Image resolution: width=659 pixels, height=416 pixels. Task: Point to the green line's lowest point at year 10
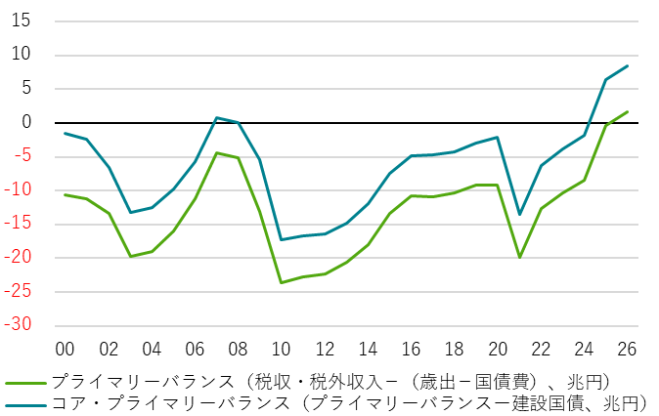click(x=282, y=283)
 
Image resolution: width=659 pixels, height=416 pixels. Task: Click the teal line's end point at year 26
click(x=627, y=65)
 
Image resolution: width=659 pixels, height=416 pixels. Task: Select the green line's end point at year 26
click(x=627, y=111)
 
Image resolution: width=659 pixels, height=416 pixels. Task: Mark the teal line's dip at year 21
click(x=519, y=215)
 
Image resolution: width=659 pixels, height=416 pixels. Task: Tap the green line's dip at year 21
click(x=519, y=258)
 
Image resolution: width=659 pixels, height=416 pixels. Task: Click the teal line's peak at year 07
click(x=216, y=118)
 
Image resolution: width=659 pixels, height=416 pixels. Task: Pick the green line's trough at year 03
click(x=130, y=257)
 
